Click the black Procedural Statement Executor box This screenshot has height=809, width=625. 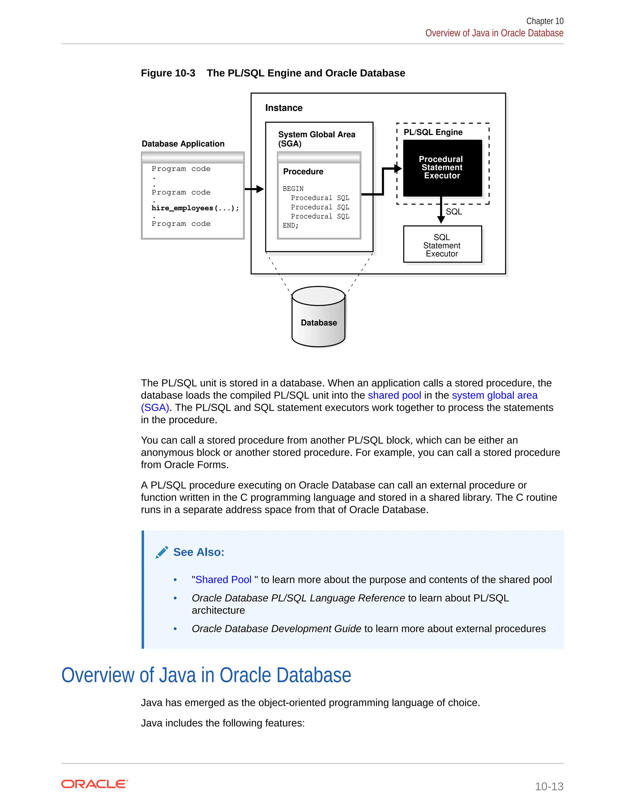click(x=442, y=168)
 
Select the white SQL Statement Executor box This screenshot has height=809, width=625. click(x=442, y=245)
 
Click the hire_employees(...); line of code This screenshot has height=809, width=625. click(x=195, y=208)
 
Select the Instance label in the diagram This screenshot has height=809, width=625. click(x=284, y=108)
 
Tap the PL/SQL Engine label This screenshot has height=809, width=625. click(x=433, y=132)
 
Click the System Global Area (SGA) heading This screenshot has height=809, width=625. click(x=316, y=139)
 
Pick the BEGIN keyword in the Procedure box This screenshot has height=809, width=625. click(x=293, y=189)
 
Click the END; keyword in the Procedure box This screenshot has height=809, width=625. click(x=290, y=226)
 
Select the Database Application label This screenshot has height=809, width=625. click(x=183, y=144)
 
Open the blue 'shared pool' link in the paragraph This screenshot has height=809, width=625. click(x=394, y=395)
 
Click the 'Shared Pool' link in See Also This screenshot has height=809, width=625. click(x=223, y=579)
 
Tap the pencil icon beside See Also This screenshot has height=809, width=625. click(x=162, y=552)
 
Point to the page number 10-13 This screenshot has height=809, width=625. click(x=549, y=786)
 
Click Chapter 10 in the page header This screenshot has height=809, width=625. click(x=545, y=21)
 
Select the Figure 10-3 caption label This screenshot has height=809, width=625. click(x=168, y=73)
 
